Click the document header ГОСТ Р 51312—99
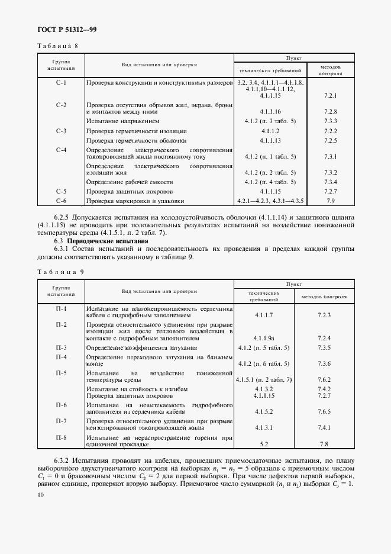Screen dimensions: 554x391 [57, 30]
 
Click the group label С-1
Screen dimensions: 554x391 [61, 82]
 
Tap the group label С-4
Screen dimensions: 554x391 [61, 150]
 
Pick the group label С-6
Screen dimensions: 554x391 [61, 201]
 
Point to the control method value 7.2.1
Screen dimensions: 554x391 [331, 95]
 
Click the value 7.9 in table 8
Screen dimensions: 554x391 [331, 201]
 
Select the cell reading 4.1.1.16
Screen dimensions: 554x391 [270, 111]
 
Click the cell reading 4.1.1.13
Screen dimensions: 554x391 [270, 140]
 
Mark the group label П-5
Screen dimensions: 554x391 [61, 373]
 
